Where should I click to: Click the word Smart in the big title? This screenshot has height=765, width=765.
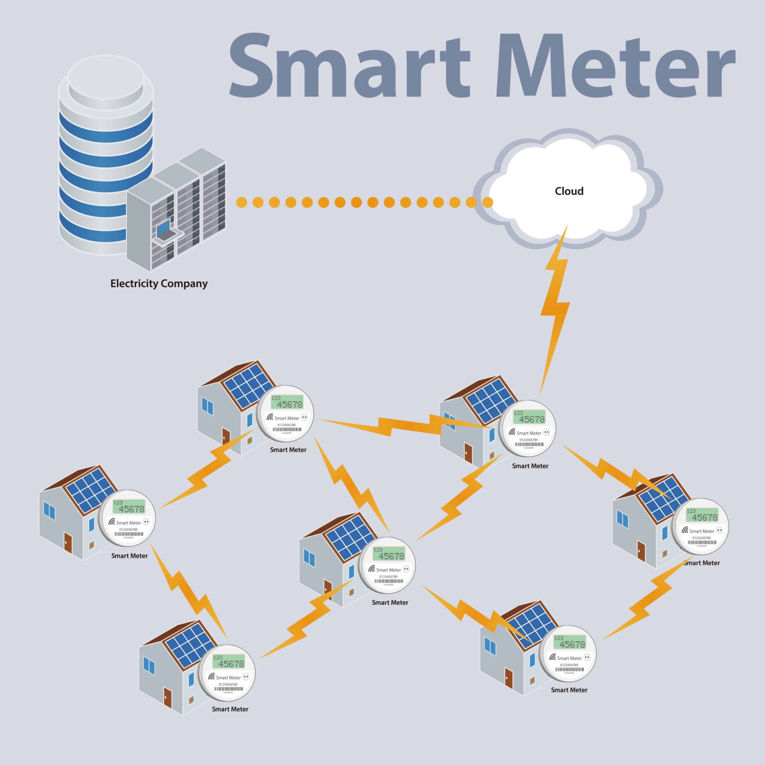[350, 66]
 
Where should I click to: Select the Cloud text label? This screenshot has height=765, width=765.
[569, 191]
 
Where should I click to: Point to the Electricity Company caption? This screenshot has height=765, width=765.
[159, 283]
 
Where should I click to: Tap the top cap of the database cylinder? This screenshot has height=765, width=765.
[106, 78]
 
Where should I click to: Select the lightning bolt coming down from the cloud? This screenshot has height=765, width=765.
[555, 307]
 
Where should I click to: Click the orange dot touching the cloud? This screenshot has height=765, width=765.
[487, 202]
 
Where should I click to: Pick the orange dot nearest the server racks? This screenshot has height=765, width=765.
[241, 202]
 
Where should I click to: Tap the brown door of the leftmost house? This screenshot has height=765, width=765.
[68, 543]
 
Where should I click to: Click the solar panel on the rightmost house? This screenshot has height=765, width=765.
[662, 498]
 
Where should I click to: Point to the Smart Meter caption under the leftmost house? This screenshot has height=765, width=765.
[129, 556]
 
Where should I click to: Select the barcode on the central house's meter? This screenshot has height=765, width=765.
[389, 581]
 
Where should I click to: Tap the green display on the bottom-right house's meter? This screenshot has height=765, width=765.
[570, 642]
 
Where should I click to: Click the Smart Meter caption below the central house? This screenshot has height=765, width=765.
[390, 602]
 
